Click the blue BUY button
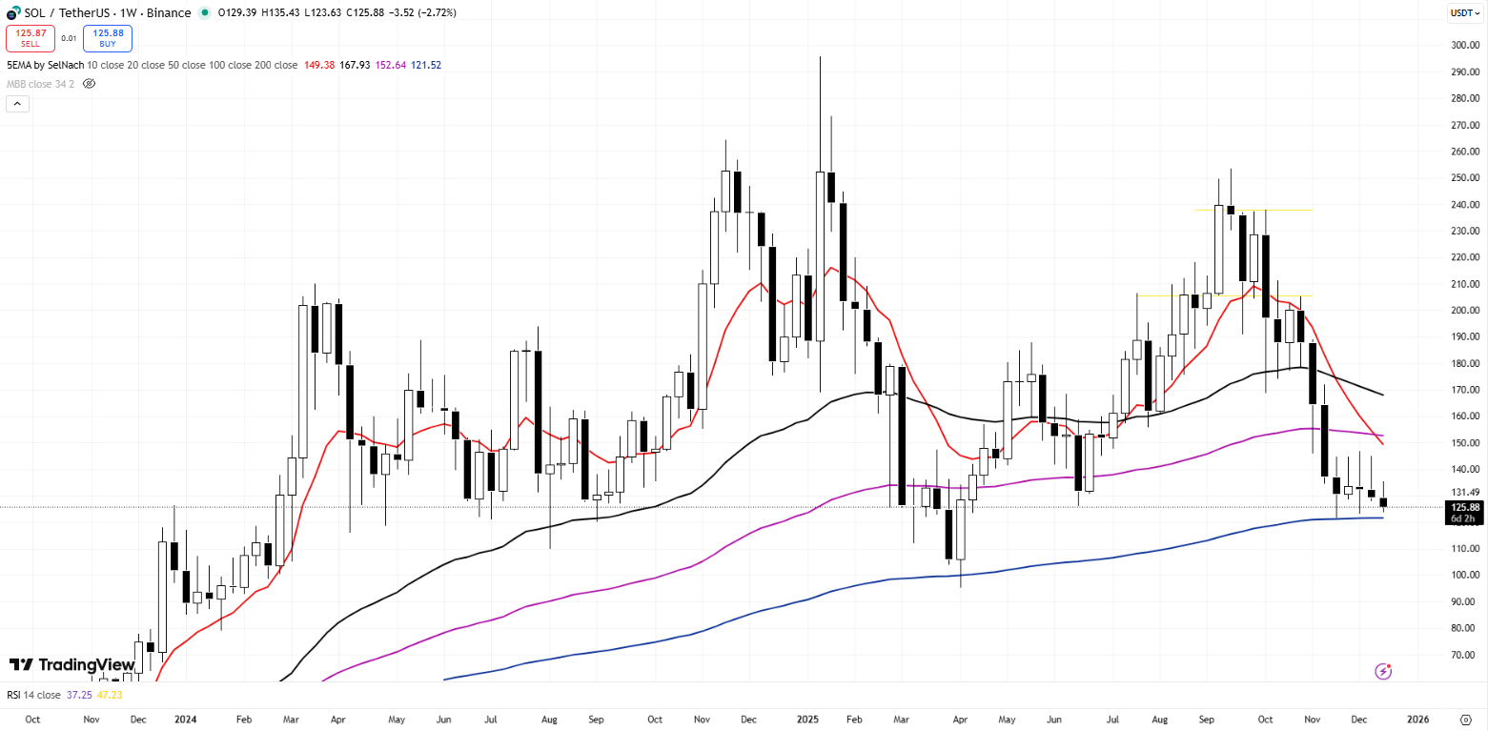tap(107, 38)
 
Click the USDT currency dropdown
tap(1464, 12)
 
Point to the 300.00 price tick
tap(1464, 45)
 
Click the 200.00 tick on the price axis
tap(1464, 311)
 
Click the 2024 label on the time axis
tap(186, 719)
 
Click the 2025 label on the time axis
tap(805, 719)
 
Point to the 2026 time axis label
tap(1418, 719)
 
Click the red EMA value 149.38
tap(318, 65)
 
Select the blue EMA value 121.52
tap(426, 65)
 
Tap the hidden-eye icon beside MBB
tap(89, 84)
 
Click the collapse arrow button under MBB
tap(17, 104)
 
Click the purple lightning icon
tap(1383, 672)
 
